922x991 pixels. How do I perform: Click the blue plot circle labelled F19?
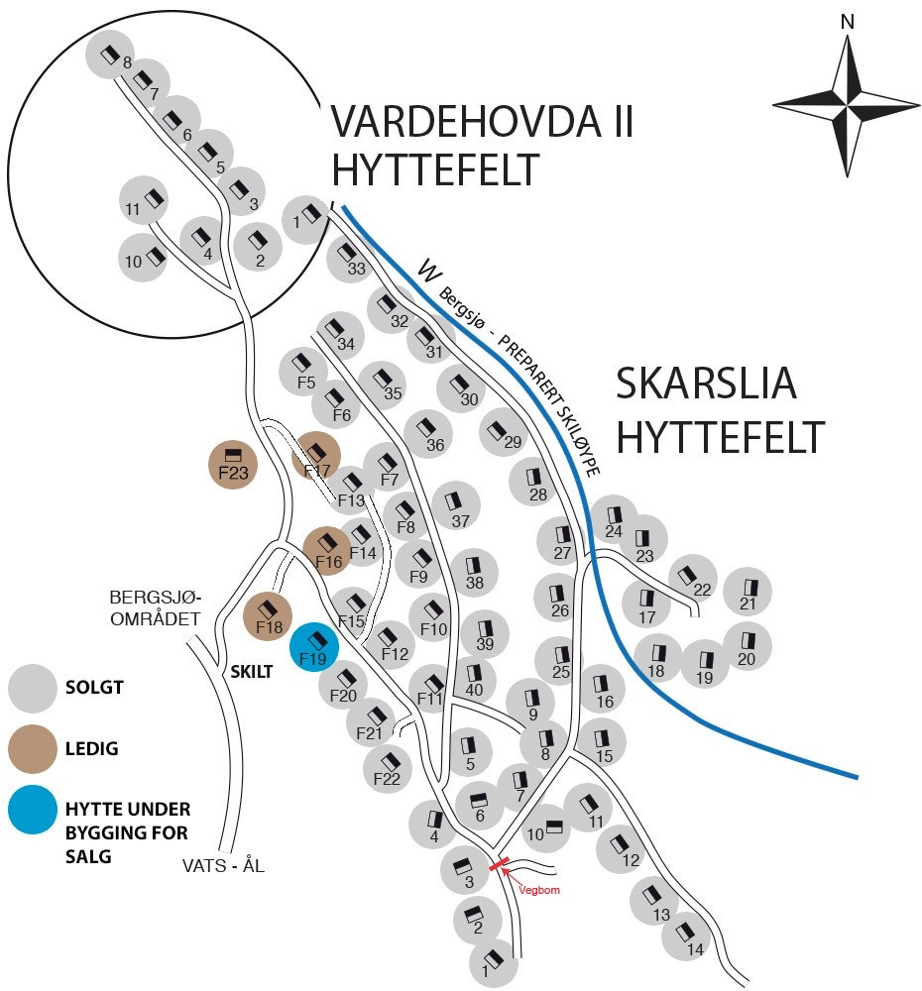point(314,648)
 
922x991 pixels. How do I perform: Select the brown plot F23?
point(233,464)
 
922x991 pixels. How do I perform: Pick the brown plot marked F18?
point(268,617)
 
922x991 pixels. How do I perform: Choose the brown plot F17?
point(317,458)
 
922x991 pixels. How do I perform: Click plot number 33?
point(352,260)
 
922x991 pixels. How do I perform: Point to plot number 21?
point(748,593)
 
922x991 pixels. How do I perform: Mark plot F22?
point(389,769)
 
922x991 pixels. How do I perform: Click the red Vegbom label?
point(541,890)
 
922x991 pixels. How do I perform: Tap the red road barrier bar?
point(498,865)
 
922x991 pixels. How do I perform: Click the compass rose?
point(846,104)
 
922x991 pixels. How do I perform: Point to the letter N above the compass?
point(846,22)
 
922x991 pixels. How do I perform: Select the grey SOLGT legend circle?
point(34,688)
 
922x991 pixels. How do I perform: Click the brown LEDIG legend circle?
point(34,748)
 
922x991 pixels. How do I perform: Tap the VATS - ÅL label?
point(223,865)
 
